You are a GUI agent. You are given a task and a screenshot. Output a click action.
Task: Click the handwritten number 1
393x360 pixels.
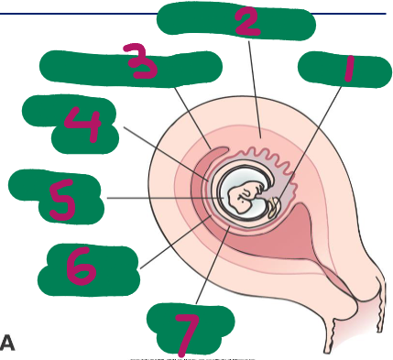(349, 69)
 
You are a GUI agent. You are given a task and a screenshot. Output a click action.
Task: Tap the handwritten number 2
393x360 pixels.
(247, 22)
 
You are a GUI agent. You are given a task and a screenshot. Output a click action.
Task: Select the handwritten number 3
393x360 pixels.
(141, 61)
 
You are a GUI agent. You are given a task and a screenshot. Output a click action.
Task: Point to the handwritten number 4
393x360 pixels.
(83, 125)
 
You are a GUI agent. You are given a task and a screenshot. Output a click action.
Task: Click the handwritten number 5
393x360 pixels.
(62, 200)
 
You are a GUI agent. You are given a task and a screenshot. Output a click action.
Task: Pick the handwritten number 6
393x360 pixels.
(81, 266)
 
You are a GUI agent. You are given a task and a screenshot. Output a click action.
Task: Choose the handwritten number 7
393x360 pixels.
(187, 335)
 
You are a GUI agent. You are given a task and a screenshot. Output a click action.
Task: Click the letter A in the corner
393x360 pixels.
(7, 343)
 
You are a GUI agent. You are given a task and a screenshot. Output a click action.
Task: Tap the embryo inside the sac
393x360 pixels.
(244, 197)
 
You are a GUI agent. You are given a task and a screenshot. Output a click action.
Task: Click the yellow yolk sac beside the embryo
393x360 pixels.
(273, 208)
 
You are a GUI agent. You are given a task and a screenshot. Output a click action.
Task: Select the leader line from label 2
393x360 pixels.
(255, 90)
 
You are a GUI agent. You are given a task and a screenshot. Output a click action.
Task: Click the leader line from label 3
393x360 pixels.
(192, 118)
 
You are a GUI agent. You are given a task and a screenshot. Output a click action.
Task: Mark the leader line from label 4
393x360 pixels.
(166, 154)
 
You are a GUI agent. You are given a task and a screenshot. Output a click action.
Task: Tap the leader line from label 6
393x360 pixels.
(176, 242)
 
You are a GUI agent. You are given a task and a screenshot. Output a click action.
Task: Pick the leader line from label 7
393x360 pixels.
(213, 265)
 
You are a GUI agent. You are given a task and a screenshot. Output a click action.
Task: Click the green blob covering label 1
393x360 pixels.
(344, 70)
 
